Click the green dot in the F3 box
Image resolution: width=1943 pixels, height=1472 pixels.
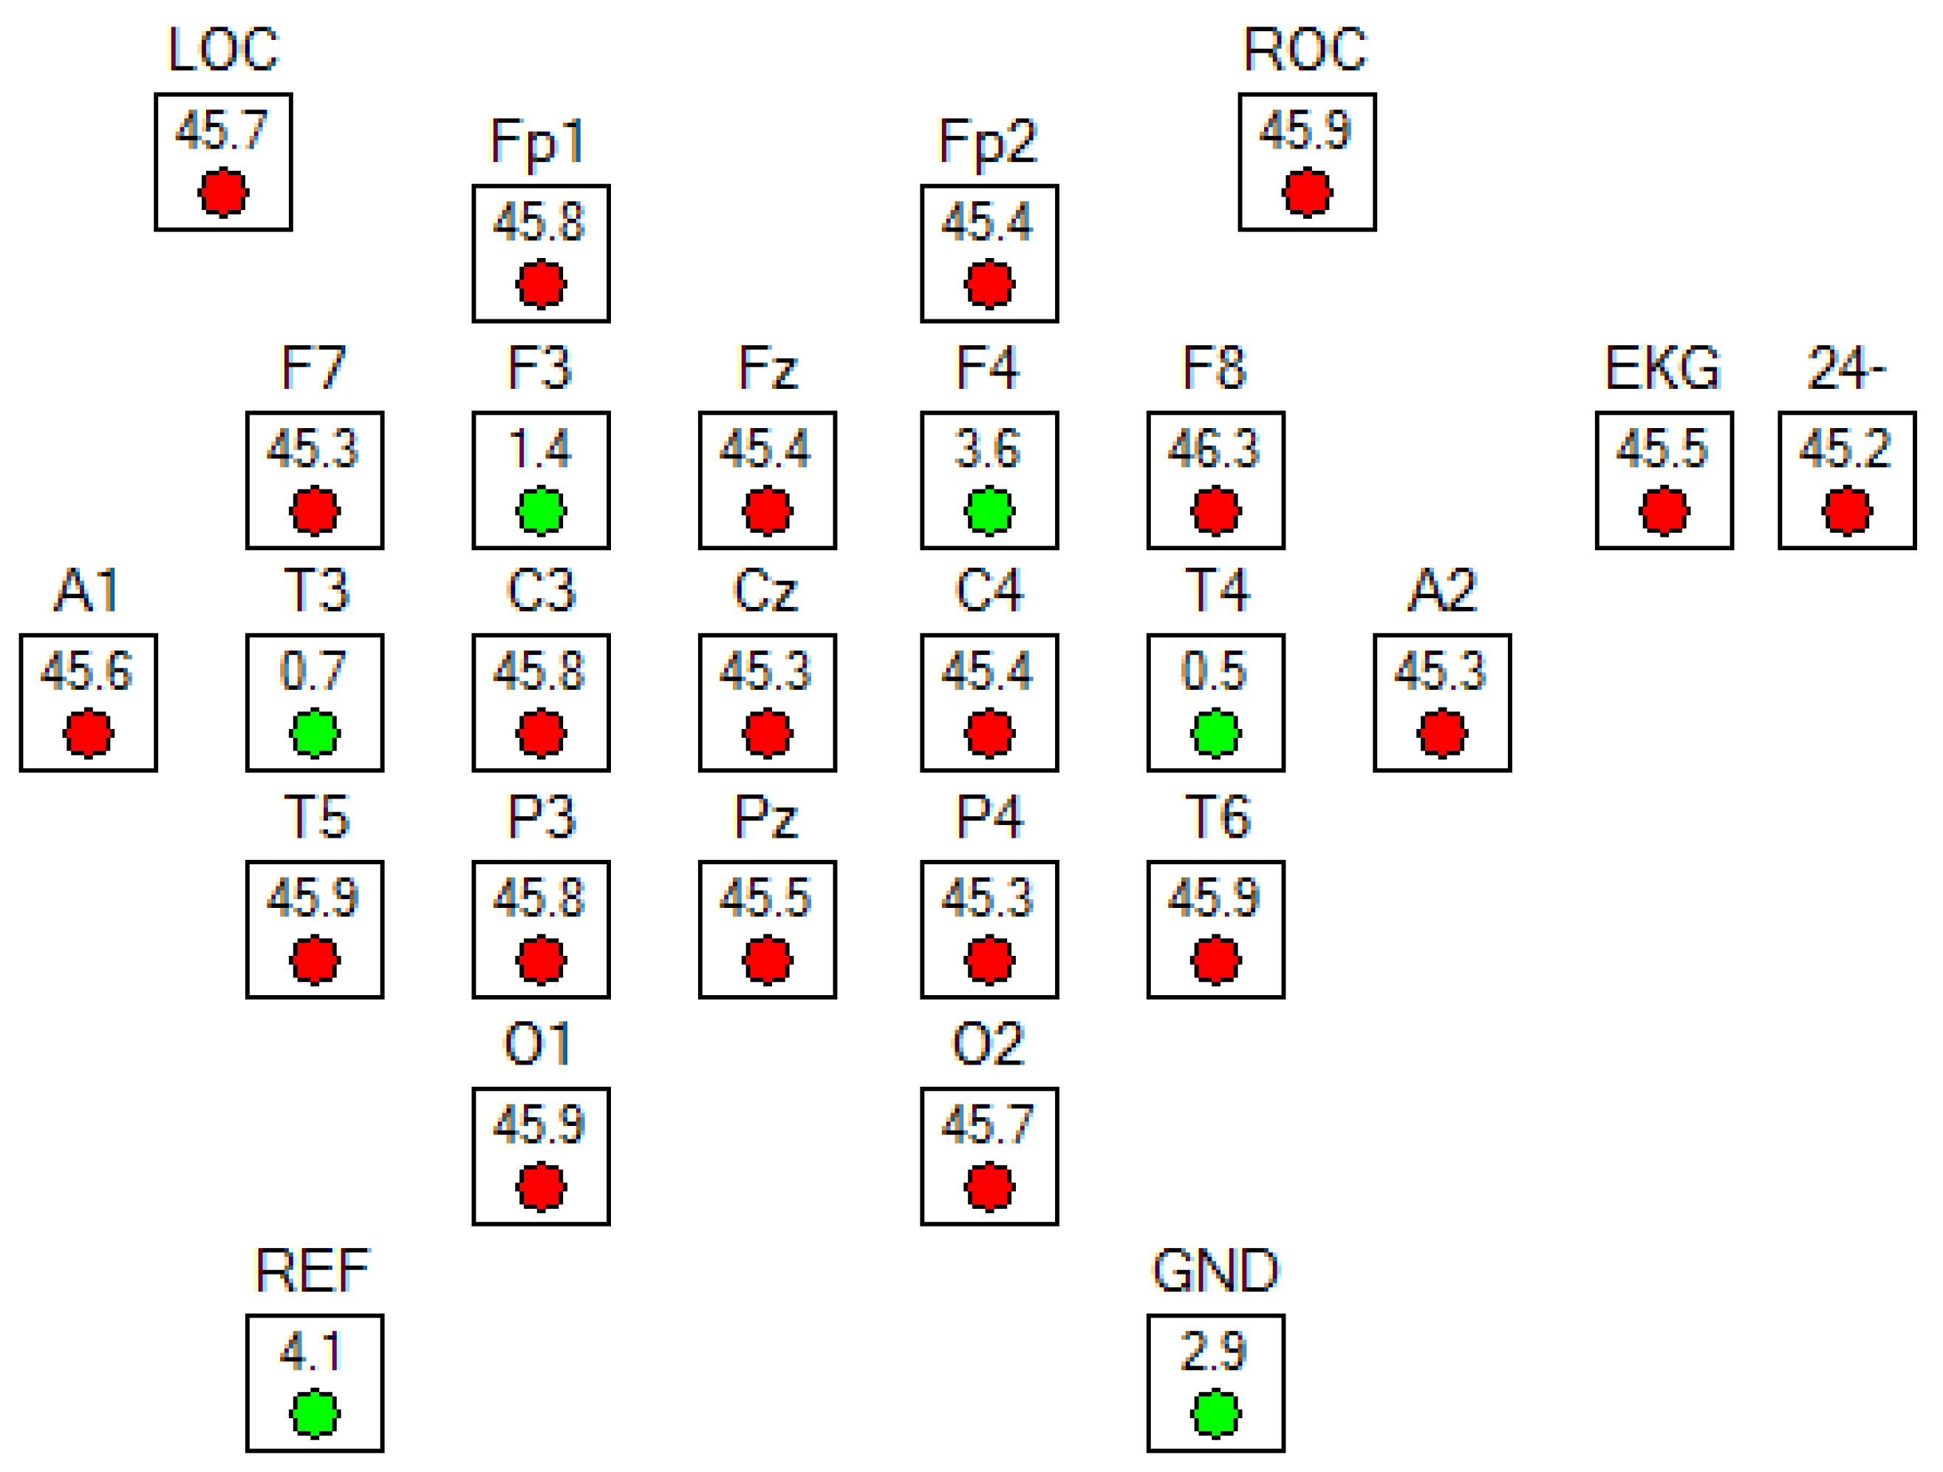(x=541, y=511)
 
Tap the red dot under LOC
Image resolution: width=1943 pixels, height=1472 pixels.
(x=223, y=191)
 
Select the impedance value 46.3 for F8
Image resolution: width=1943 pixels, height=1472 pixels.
(x=1215, y=448)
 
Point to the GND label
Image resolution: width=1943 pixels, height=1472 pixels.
(x=1216, y=1270)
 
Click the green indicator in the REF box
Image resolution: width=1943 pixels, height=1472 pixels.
(x=315, y=1414)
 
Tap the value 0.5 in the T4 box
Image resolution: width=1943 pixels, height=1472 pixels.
(x=1215, y=671)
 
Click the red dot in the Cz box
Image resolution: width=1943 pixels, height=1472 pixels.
(x=768, y=733)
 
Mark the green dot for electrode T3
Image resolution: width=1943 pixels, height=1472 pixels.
(x=315, y=733)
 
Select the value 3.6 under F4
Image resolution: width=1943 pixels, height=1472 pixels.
(x=988, y=448)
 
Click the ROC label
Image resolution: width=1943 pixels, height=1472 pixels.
(x=1306, y=50)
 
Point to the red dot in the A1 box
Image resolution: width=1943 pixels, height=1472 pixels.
(x=88, y=733)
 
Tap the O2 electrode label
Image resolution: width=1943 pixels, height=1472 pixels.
(x=988, y=1044)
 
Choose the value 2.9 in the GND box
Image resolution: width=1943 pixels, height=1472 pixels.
(x=1215, y=1351)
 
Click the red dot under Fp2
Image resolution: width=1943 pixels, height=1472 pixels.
(x=989, y=284)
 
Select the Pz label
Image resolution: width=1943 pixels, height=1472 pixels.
(x=766, y=817)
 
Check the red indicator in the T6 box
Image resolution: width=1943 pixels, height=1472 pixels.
(x=1216, y=960)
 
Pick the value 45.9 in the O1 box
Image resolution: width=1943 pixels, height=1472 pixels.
(x=539, y=1124)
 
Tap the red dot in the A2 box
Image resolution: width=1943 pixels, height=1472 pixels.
(x=1442, y=733)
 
